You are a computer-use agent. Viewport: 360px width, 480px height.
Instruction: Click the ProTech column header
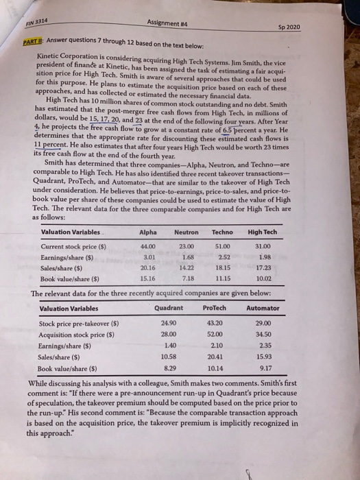[x=215, y=308]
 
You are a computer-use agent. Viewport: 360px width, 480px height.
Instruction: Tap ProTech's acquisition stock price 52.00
[x=215, y=335]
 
